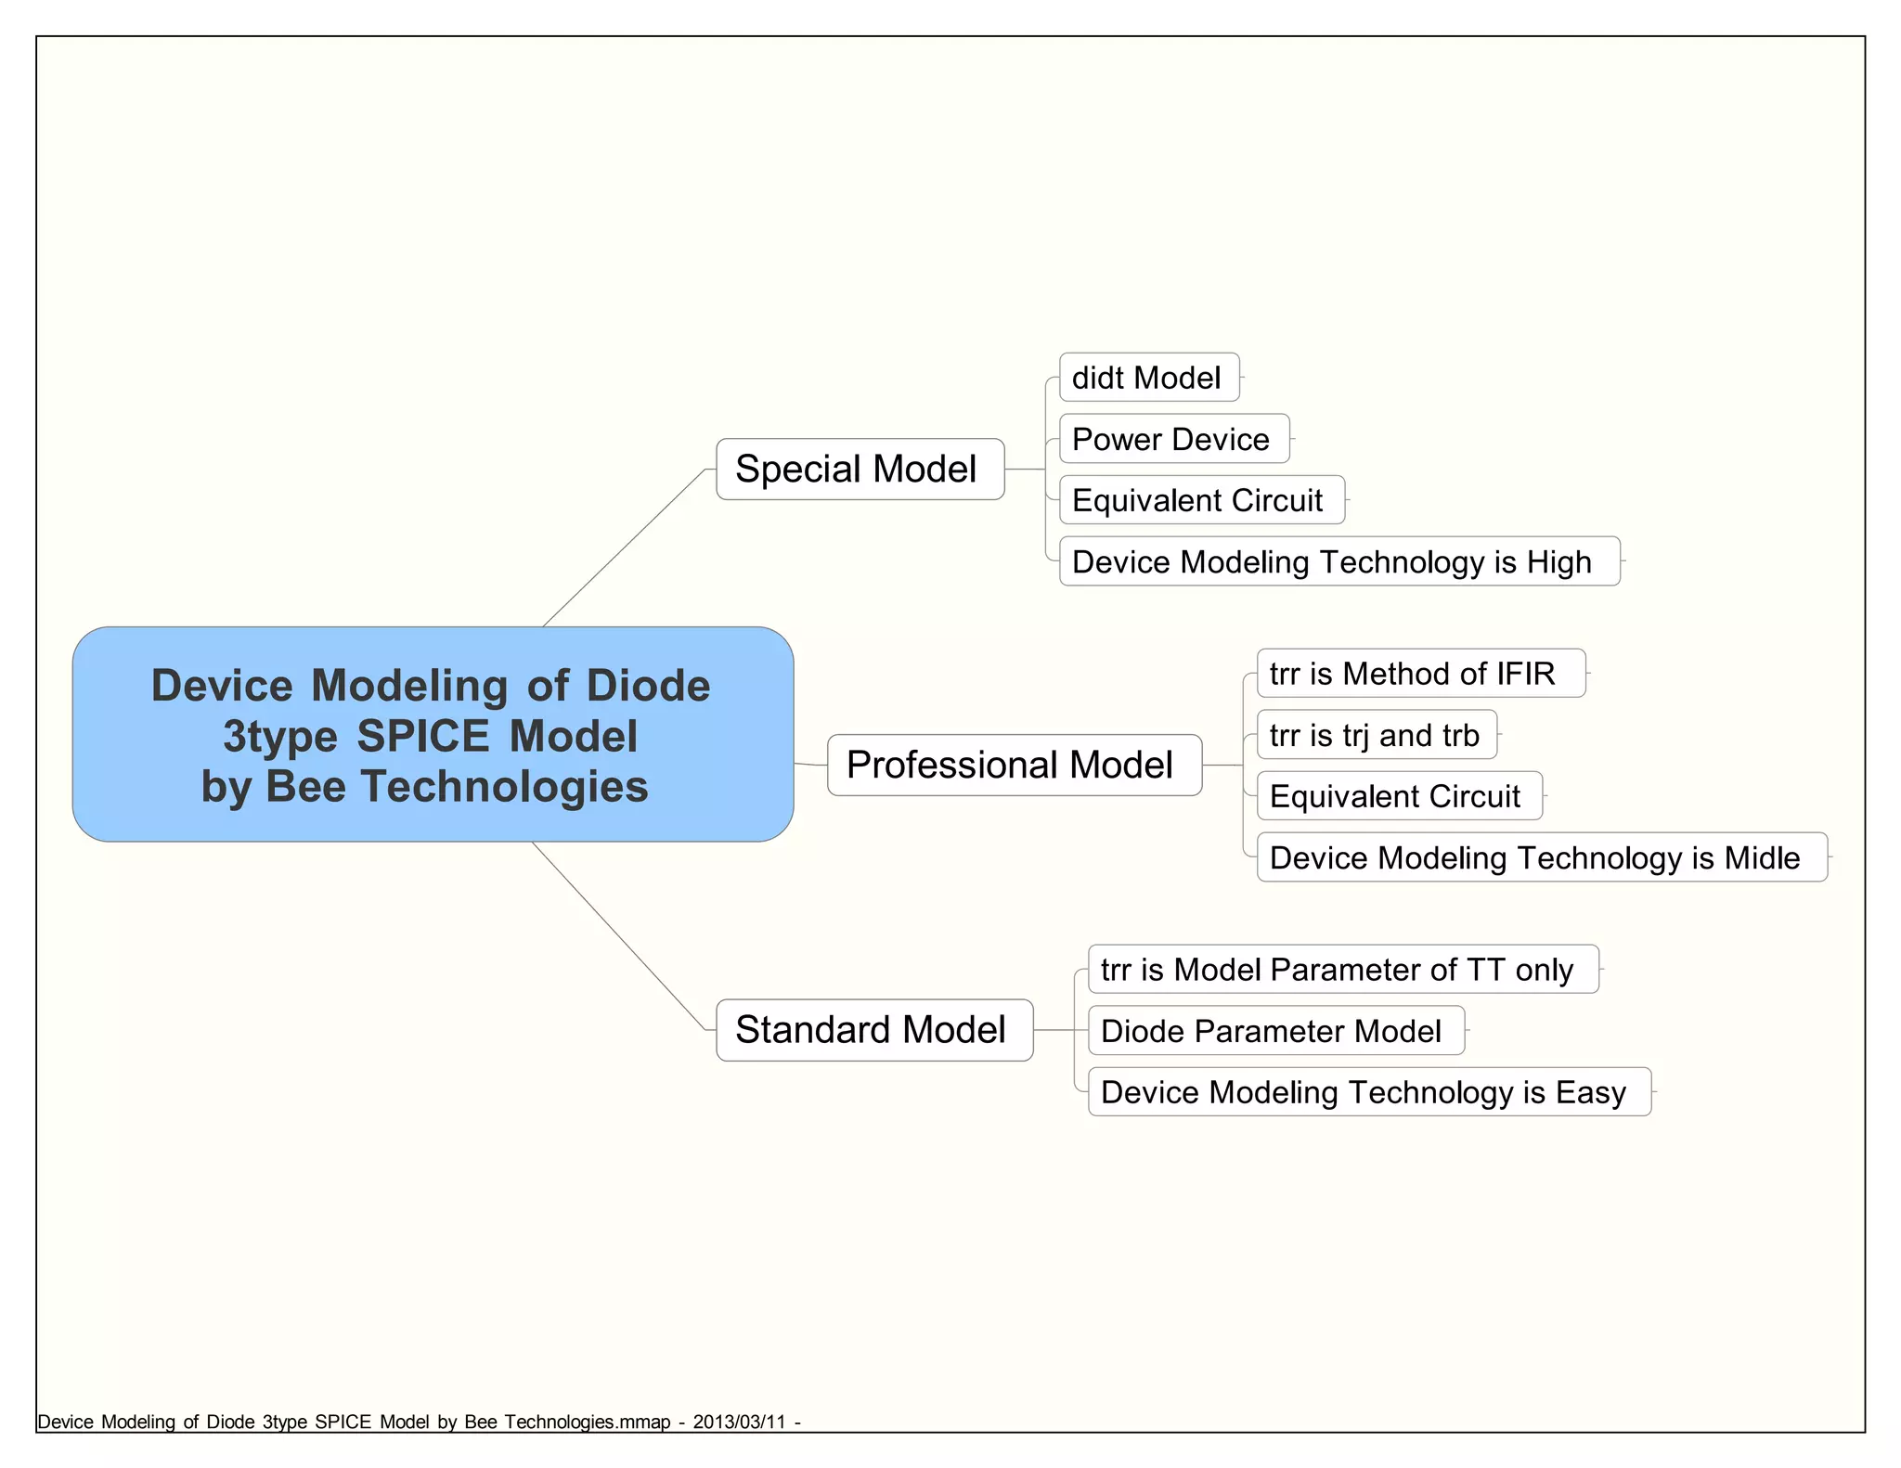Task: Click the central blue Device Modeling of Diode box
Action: pyautogui.click(x=433, y=734)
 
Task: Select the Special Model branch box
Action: pyautogui.click(x=860, y=470)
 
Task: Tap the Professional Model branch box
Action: pyautogui.click(x=1014, y=766)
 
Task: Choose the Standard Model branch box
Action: pyautogui.click(x=873, y=1030)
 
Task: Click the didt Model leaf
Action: pyautogui.click(x=1148, y=378)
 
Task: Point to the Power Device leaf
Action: pyautogui.click(x=1173, y=439)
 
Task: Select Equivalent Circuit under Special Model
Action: pyautogui.click(x=1201, y=500)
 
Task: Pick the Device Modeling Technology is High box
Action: pyautogui.click(x=1338, y=561)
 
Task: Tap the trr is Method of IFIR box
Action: pyautogui.click(x=1420, y=674)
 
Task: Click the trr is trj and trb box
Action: pyautogui.click(x=1376, y=735)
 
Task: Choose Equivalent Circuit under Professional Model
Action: pyautogui.click(x=1399, y=796)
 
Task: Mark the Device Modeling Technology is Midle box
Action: pyautogui.click(x=1541, y=857)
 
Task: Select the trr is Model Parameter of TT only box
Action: pyautogui.click(x=1342, y=970)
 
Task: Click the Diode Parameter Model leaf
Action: pyautogui.click(x=1275, y=1031)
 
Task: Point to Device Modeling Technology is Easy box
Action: pyautogui.click(x=1368, y=1092)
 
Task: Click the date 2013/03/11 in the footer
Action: pyautogui.click(x=739, y=1423)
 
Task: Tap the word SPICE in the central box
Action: pyautogui.click(x=423, y=737)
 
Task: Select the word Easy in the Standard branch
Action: pyautogui.click(x=1591, y=1093)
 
